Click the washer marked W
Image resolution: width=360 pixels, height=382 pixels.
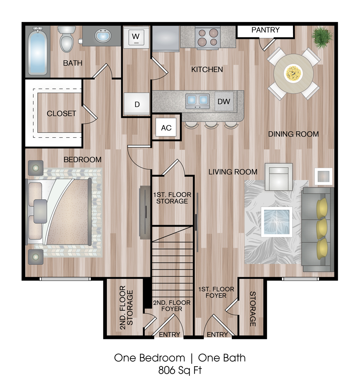136,37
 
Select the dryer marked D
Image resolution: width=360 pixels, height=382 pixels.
136,104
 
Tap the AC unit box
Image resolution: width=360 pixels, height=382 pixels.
166,127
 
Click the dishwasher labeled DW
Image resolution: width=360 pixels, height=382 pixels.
224,101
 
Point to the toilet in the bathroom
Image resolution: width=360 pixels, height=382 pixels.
67,39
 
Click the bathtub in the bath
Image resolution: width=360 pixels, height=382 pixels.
37,51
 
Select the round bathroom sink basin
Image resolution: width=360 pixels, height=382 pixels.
103,36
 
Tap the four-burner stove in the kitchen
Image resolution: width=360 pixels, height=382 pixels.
208,37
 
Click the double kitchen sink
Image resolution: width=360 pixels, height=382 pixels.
197,101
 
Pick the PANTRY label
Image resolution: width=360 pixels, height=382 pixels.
265,30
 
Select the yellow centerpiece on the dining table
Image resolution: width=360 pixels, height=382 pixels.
293,73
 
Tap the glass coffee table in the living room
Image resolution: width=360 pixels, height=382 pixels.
276,222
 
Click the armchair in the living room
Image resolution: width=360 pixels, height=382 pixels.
279,177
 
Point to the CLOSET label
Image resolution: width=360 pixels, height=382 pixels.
62,114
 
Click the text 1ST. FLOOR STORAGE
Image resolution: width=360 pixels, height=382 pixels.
172,198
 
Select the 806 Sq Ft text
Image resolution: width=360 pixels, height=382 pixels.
180,370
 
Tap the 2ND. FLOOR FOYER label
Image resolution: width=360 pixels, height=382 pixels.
172,306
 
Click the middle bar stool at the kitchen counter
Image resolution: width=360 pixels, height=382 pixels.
211,124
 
